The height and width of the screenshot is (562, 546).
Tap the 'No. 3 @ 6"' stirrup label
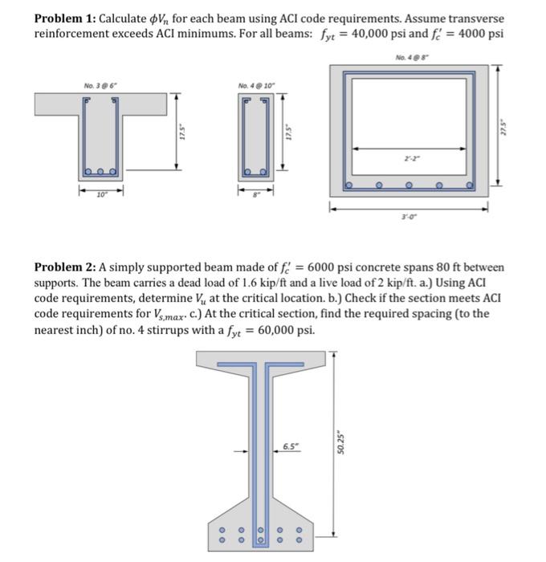click(100, 84)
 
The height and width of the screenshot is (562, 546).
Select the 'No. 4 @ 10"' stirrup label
click(254, 84)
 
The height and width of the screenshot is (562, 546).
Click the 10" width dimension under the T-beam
click(100, 193)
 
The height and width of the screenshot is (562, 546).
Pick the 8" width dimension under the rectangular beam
click(255, 193)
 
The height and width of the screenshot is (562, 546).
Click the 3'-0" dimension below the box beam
click(409, 216)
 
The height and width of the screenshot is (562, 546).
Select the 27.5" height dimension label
click(504, 128)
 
